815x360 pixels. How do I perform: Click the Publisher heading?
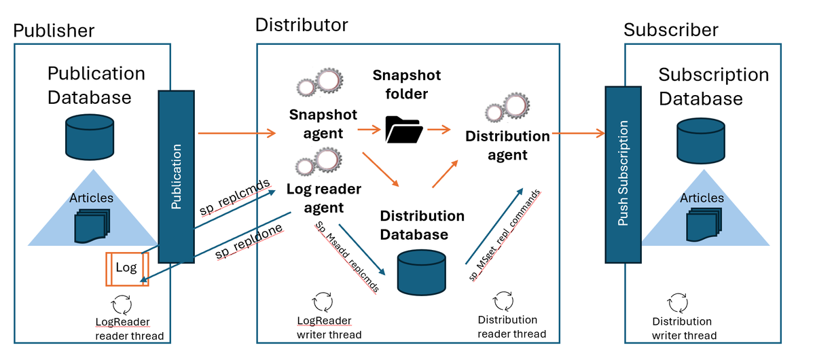click(x=54, y=31)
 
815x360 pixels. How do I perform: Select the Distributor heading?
click(x=302, y=25)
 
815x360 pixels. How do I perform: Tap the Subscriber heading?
click(x=671, y=30)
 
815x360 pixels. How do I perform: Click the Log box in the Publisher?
click(x=127, y=268)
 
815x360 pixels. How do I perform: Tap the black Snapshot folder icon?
click(x=403, y=128)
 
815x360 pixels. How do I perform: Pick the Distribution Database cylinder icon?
click(x=421, y=272)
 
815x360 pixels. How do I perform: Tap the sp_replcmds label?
click(x=234, y=197)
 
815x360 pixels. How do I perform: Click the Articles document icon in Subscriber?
click(x=702, y=224)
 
